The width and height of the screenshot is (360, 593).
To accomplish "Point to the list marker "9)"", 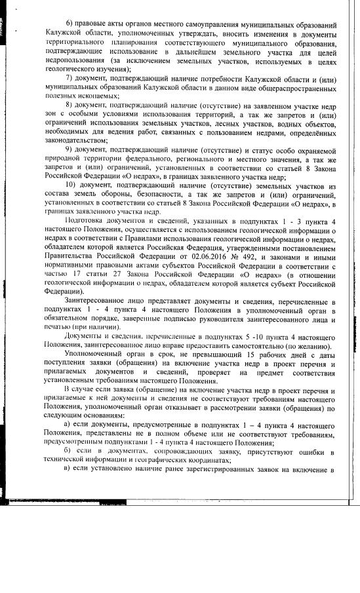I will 70,150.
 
